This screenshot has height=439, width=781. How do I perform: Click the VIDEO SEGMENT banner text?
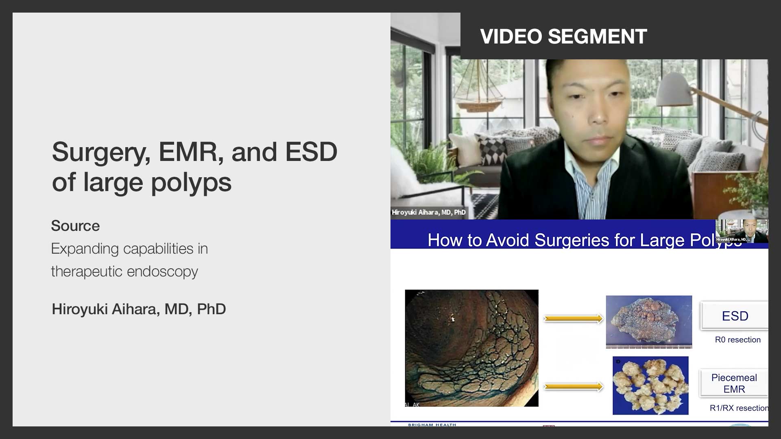coord(563,37)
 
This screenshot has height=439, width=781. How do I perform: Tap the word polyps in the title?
coord(191,183)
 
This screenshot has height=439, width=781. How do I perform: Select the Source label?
coord(75,226)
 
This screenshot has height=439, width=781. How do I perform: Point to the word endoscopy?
coord(167,272)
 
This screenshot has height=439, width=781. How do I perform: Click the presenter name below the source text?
coord(139,309)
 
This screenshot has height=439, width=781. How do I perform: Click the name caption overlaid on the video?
coord(428,212)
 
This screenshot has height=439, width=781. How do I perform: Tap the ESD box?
coord(735,316)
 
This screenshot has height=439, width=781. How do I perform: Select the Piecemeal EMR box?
coord(734,383)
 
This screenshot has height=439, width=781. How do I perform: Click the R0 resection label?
coord(737,340)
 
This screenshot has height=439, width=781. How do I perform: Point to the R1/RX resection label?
coord(739,408)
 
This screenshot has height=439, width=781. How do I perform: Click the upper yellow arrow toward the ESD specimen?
coord(573,319)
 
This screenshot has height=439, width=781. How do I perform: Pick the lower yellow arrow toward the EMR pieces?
coord(573,387)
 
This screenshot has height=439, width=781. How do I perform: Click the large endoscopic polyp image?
coord(471,348)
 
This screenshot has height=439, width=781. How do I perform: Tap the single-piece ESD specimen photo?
coord(649,322)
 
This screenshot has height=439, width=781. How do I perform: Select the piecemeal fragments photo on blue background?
coord(650,385)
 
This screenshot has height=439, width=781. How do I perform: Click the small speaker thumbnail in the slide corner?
coord(742,231)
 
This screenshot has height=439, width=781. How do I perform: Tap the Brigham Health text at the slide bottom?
coord(432,425)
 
